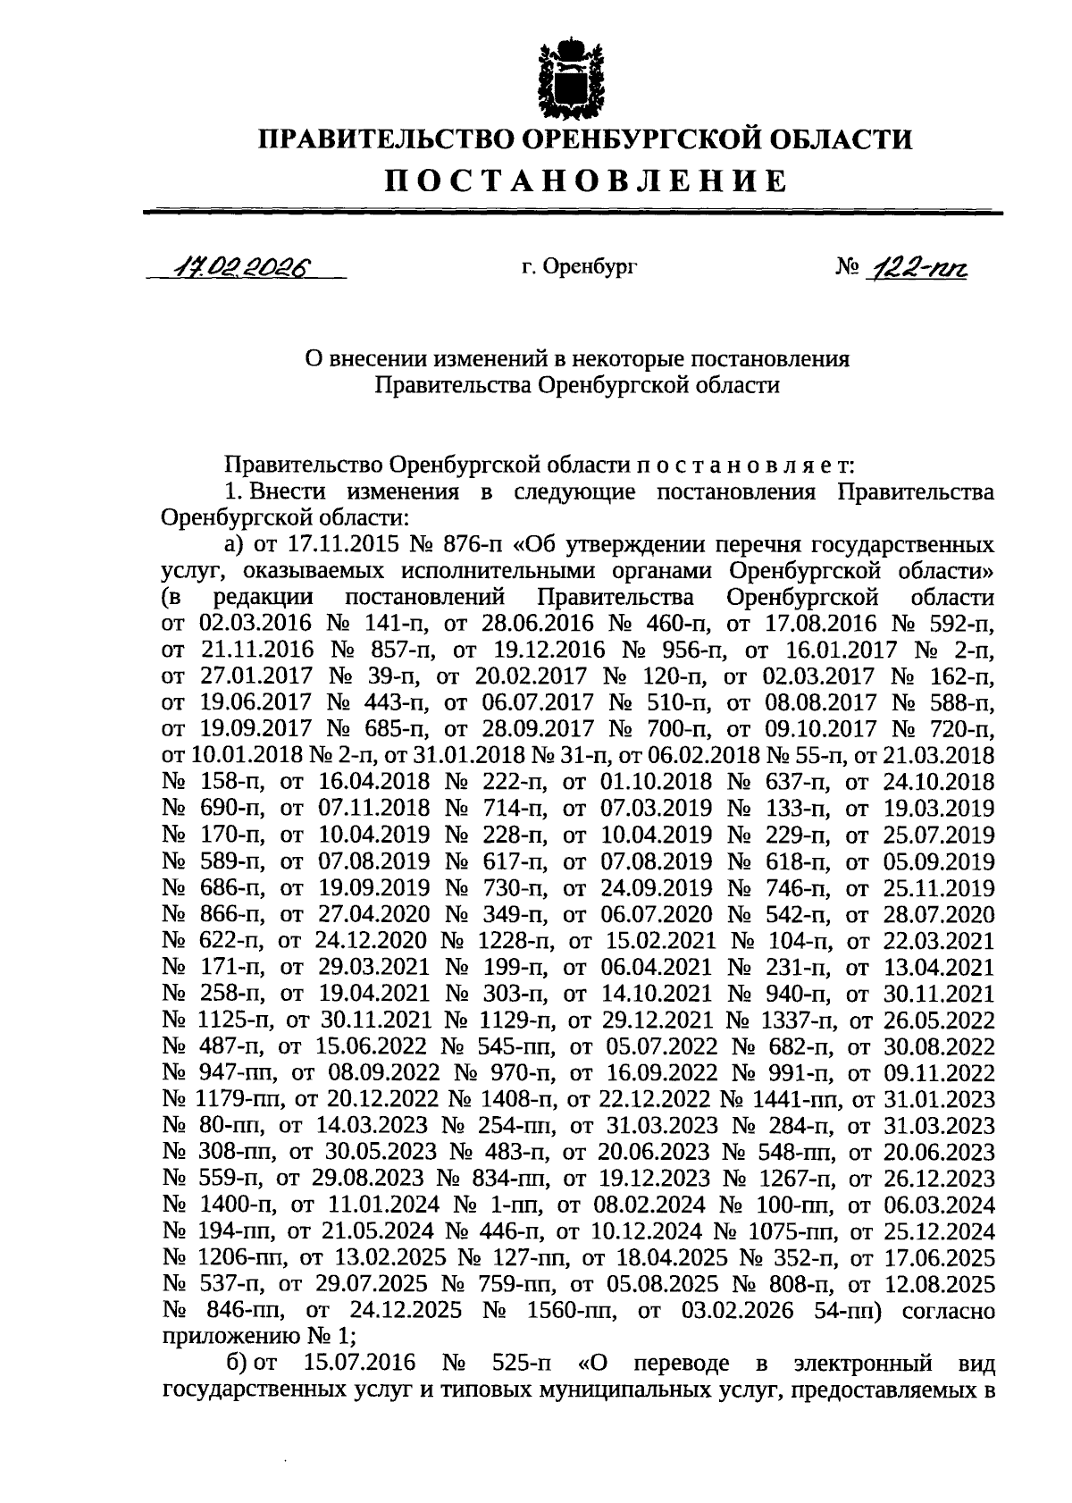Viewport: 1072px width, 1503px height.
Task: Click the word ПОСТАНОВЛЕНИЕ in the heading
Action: pos(586,181)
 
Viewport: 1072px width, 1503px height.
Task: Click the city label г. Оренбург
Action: pos(579,265)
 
